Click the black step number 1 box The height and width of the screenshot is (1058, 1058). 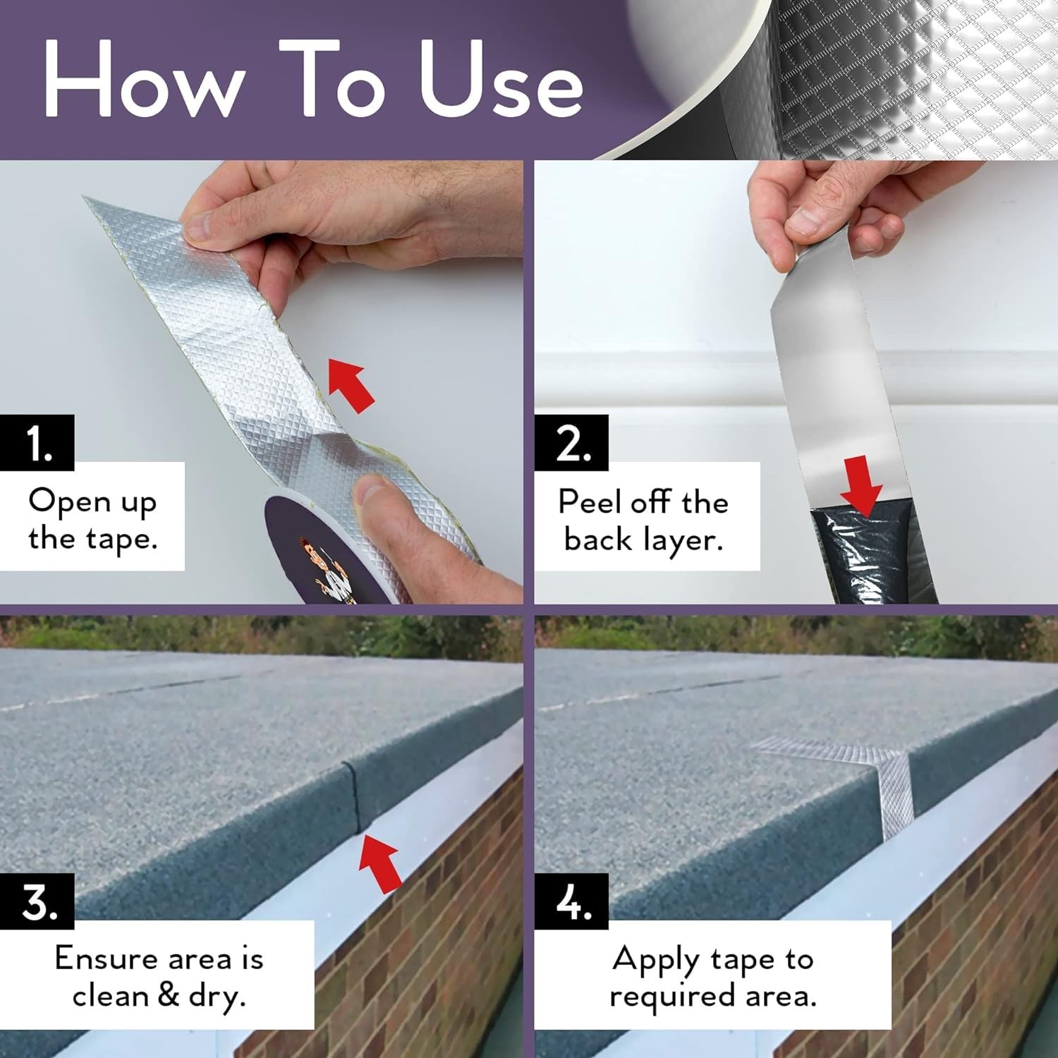pyautogui.click(x=37, y=443)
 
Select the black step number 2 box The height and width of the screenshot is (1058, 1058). pyautogui.click(x=571, y=443)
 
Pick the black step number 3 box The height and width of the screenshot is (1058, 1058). pyautogui.click(x=37, y=901)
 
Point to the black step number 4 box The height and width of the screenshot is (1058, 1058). pyautogui.click(x=571, y=901)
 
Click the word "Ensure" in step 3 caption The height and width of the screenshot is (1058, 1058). pyautogui.click(x=106, y=959)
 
